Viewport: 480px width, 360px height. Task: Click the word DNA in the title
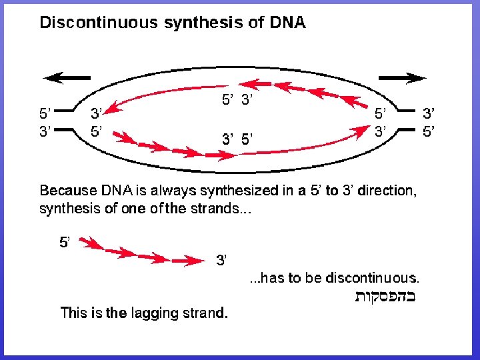[x=287, y=23]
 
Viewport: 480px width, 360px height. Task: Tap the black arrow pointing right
[x=407, y=78]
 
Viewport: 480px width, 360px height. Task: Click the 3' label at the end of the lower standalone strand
[x=222, y=260]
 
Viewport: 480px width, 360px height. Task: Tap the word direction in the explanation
[x=387, y=191]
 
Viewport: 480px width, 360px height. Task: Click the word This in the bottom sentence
[x=75, y=312]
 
